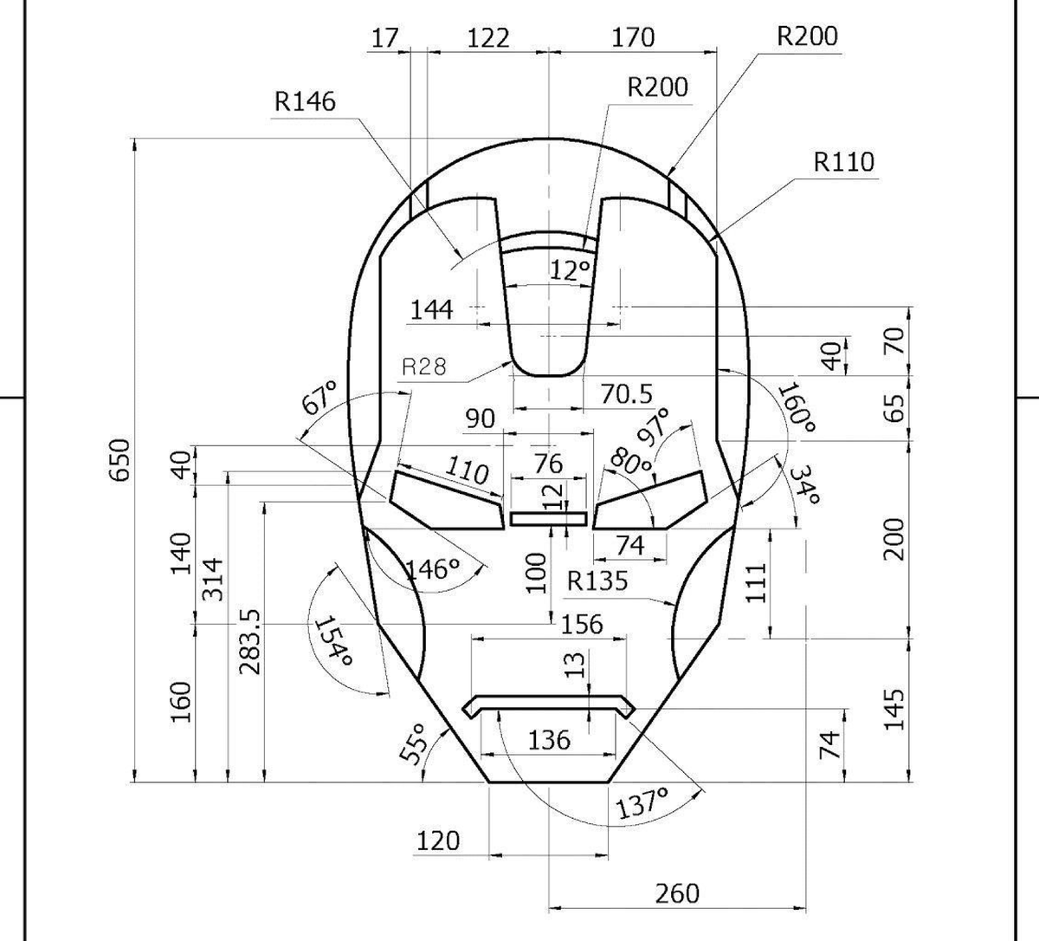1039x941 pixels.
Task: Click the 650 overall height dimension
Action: [119, 460]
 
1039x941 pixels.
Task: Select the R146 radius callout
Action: [305, 101]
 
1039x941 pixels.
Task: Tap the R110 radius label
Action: [843, 162]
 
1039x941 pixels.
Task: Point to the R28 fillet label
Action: [423, 367]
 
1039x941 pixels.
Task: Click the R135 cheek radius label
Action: [597, 581]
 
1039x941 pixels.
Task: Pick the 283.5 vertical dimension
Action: [249, 641]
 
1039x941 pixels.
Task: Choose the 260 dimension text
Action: [677, 892]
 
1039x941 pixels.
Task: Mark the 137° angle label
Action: [642, 802]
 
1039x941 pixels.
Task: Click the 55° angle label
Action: [416, 744]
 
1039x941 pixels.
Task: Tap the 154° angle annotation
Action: [334, 641]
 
